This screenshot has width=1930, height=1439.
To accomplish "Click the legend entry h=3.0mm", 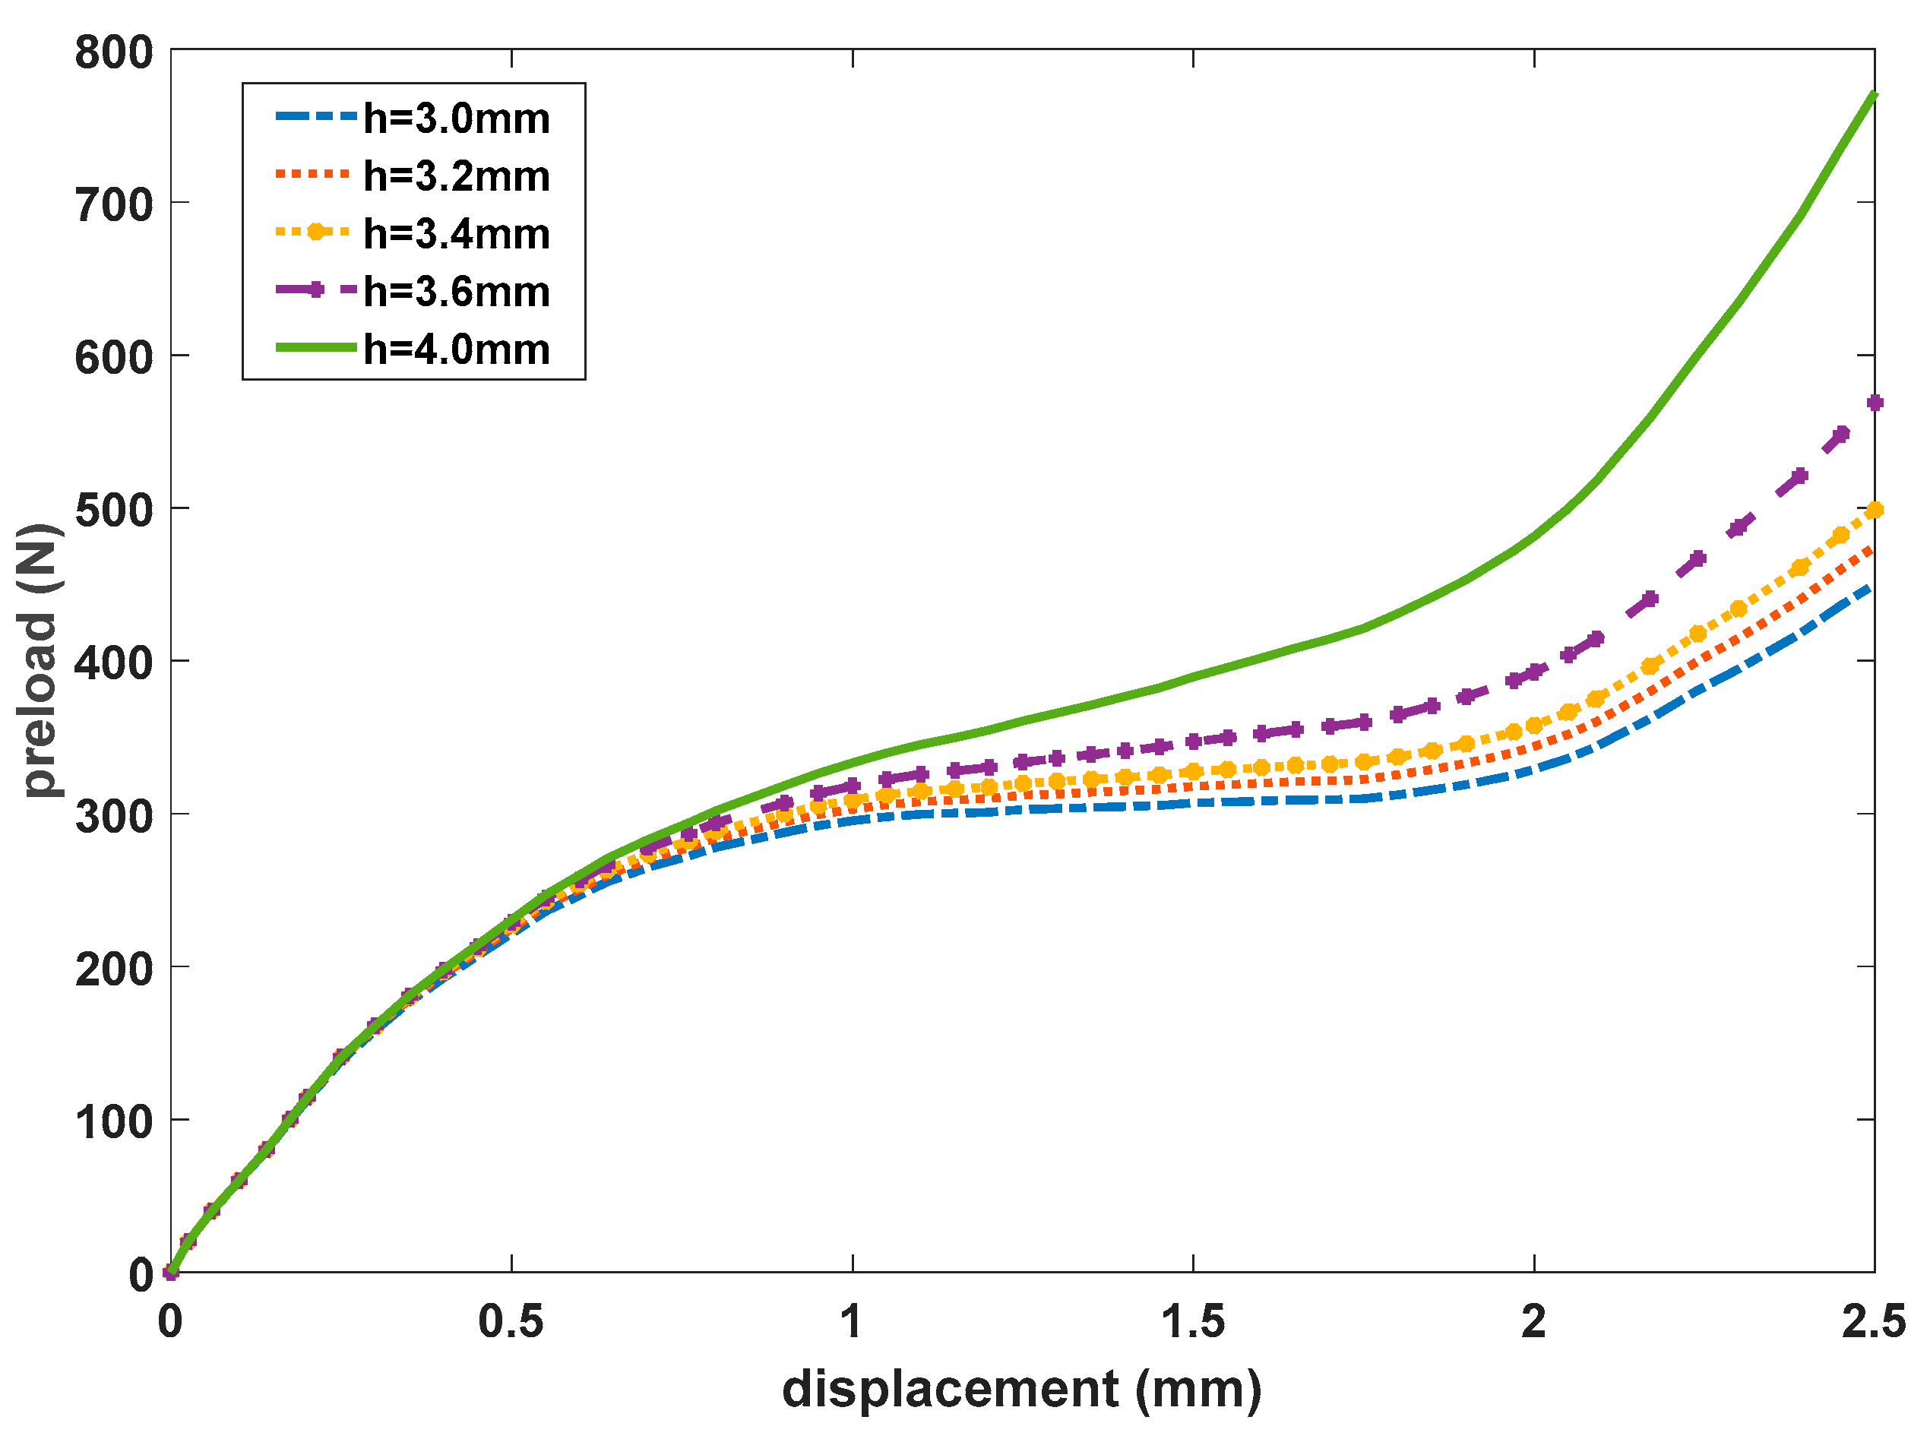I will point(457,119).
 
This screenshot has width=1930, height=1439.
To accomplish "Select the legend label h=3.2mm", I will point(457,177).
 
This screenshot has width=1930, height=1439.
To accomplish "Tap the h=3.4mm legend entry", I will point(457,234).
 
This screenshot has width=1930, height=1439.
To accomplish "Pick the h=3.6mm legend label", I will point(457,292).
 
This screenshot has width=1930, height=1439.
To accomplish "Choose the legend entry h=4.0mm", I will point(457,349).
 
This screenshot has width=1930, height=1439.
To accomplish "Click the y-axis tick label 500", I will point(114,511).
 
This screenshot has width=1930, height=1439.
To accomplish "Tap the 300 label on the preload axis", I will point(114,816).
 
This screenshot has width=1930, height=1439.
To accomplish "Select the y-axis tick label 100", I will point(114,1122).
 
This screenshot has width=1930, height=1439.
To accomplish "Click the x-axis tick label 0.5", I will point(511,1321).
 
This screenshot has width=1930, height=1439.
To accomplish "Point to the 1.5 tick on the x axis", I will point(1193,1321).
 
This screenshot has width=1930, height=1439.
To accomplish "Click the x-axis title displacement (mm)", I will point(1022,1389).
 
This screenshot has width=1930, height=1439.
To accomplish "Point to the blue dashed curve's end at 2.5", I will point(1872,587).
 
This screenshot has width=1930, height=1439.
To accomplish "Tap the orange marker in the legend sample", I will point(317,232).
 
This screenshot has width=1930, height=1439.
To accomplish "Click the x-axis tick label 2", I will point(1533,1321).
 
